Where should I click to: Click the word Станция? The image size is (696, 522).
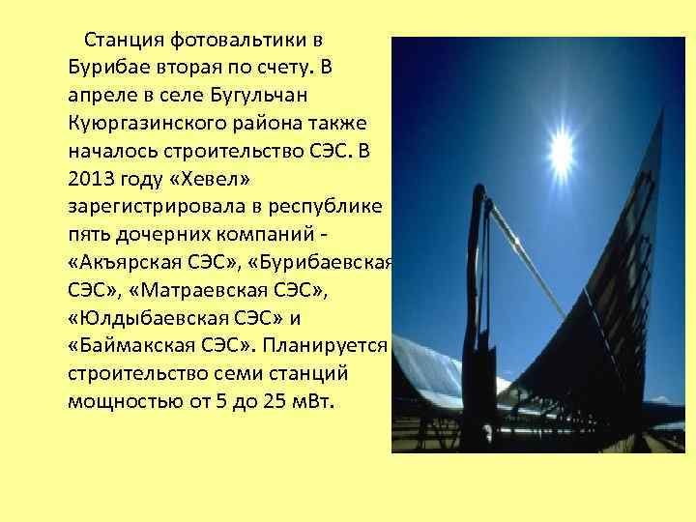[123, 41]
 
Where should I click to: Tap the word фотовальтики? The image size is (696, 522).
[241, 41]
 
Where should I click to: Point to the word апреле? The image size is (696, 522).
[101, 97]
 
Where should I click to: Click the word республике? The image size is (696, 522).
[329, 207]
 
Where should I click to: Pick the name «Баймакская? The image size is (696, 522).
[125, 346]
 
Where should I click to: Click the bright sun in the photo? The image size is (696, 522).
[561, 150]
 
